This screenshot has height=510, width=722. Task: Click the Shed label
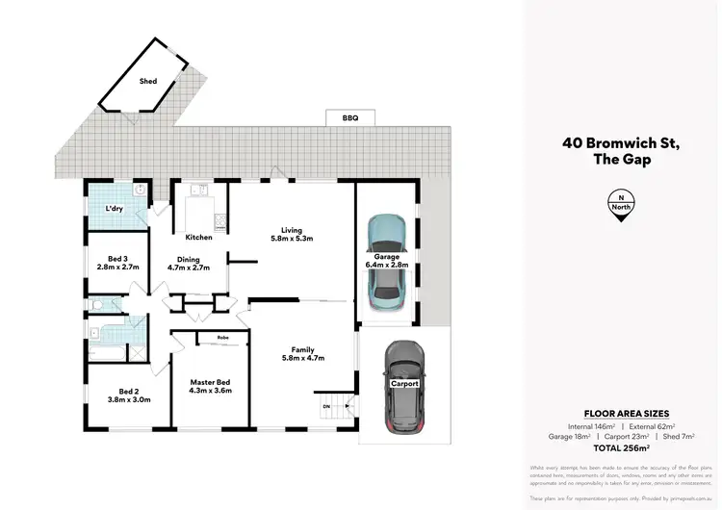click(147, 82)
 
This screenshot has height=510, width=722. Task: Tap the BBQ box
click(349, 117)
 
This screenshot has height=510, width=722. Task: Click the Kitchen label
click(198, 237)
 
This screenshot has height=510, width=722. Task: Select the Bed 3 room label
click(119, 263)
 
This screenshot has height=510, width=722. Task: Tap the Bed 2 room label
click(128, 395)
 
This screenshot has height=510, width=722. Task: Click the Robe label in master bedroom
click(221, 338)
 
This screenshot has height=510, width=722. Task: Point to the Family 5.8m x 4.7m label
click(302, 354)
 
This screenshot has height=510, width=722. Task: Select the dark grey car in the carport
click(404, 385)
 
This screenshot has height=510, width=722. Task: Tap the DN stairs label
click(325, 406)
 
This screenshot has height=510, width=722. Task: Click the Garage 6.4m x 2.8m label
click(387, 261)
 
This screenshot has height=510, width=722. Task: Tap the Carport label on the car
click(404, 382)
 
